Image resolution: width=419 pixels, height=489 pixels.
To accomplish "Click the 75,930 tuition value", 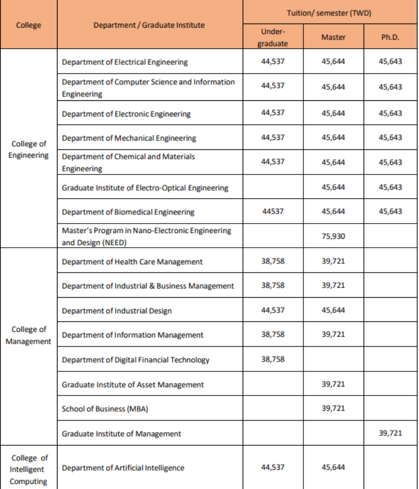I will point(333,236).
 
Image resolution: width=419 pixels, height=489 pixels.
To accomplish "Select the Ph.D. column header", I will point(390,38).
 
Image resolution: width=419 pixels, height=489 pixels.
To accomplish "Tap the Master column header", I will point(333,38).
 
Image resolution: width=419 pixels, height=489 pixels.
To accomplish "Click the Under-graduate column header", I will point(273,38).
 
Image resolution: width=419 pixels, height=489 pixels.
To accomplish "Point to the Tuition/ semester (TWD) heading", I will point(329,13).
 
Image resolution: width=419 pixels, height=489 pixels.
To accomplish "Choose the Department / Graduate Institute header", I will point(149,25).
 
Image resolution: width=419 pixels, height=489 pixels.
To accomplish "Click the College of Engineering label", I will point(29,149).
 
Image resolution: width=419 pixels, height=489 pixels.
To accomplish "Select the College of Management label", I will point(29,335).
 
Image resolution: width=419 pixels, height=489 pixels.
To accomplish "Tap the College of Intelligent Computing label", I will point(29,469).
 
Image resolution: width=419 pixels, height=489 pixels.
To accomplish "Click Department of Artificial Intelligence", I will point(123,468).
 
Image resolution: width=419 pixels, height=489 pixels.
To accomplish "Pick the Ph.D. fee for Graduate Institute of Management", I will point(390,433).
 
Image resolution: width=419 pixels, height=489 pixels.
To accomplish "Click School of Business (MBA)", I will point(105,409).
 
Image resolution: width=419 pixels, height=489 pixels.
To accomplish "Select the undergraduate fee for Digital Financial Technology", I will point(273,359).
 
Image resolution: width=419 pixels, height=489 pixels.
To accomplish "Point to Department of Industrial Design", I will point(117,311).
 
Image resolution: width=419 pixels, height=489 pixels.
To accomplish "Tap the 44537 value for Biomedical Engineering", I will point(273,212).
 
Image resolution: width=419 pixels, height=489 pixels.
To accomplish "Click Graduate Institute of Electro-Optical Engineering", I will point(145,188).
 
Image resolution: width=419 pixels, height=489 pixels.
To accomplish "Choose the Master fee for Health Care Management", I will point(333,261).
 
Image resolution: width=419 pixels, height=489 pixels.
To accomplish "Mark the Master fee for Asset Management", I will point(333,384).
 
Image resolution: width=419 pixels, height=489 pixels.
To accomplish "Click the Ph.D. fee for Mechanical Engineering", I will point(390,137).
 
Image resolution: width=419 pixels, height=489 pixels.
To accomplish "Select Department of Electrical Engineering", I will point(124,62).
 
